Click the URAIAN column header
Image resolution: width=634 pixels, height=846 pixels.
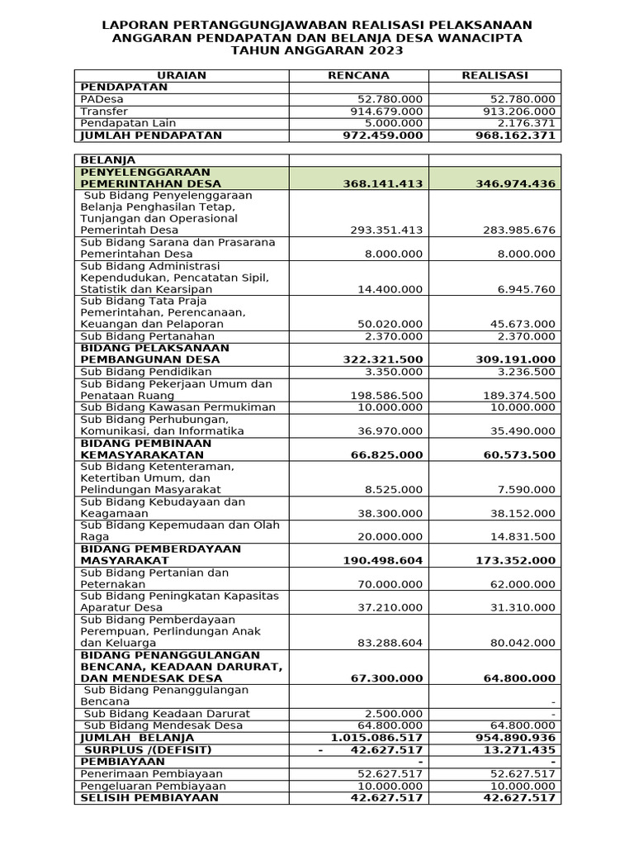click(x=182, y=75)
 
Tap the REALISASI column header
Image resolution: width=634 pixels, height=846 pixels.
click(x=494, y=75)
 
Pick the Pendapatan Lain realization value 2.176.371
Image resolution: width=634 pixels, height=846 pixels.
click(x=520, y=123)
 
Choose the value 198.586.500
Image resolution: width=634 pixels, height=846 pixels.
click(x=386, y=396)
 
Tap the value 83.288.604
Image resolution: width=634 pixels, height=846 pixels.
click(x=386, y=643)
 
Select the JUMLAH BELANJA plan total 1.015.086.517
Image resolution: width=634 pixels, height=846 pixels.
click(x=376, y=737)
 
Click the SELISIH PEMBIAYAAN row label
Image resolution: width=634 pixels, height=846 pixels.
click(x=149, y=797)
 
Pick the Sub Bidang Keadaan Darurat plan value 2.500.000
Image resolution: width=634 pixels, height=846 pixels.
click(x=394, y=714)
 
